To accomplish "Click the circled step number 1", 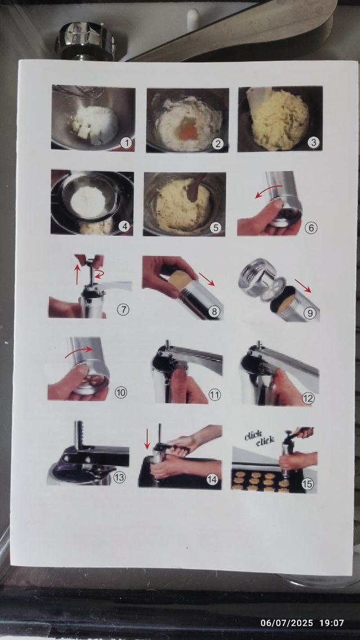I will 127,143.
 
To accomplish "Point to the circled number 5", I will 217,228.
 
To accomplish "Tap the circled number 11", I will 215,395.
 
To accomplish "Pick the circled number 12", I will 308,398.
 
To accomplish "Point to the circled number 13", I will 119,477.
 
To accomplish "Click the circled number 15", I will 308,483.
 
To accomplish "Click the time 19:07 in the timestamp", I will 331,623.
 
